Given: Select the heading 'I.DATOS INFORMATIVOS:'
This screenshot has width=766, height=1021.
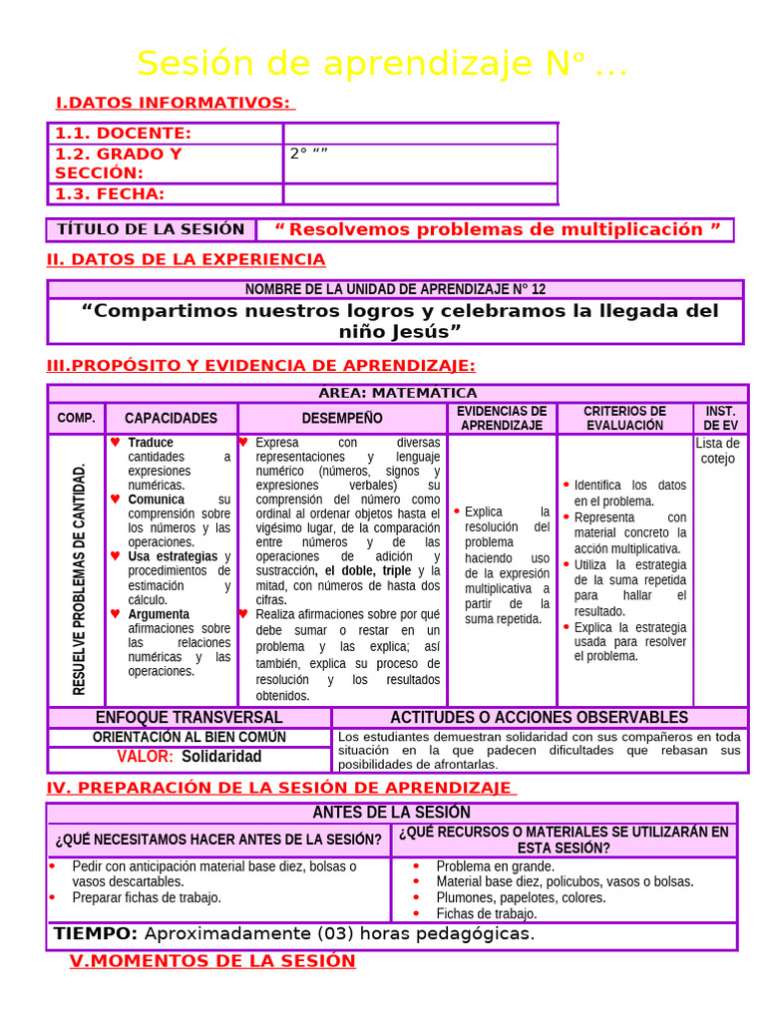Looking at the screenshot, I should coord(174,103).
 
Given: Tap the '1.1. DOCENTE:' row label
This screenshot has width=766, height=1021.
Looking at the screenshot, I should coord(123,134).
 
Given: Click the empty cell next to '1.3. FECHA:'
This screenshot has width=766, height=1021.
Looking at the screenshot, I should coord(420,193).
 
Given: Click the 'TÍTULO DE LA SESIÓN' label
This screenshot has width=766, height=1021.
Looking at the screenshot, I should coord(151,229).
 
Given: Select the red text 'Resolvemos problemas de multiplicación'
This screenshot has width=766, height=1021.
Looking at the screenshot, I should coord(496,229).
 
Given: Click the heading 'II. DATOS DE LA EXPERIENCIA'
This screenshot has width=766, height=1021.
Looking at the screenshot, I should coord(187,259).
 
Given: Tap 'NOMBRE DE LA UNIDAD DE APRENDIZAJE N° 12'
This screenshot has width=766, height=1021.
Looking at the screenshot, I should coord(396,289).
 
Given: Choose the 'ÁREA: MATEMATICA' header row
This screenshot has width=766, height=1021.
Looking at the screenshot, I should coord(397,393).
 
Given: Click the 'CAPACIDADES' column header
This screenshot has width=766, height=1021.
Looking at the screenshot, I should coord(171,418).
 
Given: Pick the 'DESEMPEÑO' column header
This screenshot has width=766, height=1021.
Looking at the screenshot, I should coord(342,418).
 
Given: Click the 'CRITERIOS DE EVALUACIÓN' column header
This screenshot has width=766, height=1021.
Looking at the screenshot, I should coord(624,418).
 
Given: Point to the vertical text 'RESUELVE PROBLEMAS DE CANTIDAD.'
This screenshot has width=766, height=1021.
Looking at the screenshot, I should coord(80,578).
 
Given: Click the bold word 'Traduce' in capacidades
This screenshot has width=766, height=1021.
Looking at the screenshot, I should coord(151,443).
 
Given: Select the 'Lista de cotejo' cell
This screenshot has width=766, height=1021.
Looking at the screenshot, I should coord(718,451).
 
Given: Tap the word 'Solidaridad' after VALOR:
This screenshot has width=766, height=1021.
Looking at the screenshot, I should coord(221,756).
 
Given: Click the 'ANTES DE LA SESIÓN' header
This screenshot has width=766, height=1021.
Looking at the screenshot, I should coord(392,813).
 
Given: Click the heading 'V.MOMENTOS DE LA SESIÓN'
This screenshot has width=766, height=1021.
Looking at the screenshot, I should coord(212,961).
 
